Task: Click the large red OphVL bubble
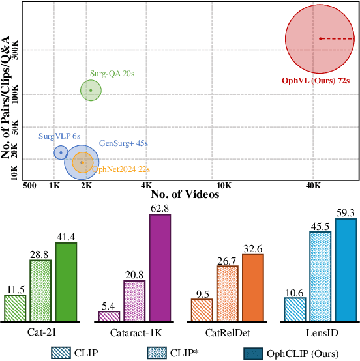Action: pos(316,39)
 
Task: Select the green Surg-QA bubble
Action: pos(91,91)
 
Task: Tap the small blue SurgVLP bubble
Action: pos(61,152)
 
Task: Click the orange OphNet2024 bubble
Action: pos(82,162)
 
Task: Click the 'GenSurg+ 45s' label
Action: pos(123,143)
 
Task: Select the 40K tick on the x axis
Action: pos(313,185)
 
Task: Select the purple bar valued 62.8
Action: pos(160,268)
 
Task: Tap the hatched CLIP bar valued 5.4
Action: pos(109,316)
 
